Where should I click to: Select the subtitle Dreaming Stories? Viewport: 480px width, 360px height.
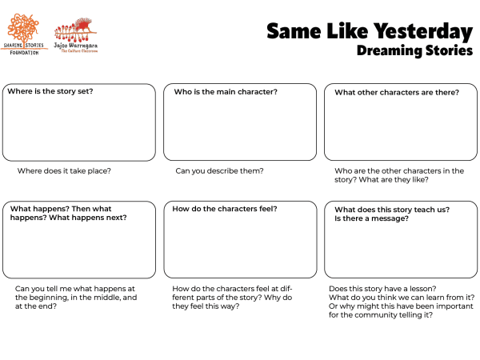click(414, 50)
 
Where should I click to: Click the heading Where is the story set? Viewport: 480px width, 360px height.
click(50, 91)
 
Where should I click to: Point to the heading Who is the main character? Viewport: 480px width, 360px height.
click(226, 92)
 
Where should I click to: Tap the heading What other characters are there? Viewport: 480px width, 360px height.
click(396, 92)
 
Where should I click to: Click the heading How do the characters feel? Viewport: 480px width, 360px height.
click(225, 209)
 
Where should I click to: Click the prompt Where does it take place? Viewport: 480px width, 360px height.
click(64, 171)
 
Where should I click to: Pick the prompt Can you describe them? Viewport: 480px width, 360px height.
click(219, 171)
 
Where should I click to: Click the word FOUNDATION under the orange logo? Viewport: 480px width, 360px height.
click(24, 53)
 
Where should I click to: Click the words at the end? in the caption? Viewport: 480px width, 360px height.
click(35, 306)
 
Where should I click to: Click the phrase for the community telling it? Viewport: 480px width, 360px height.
click(381, 314)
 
